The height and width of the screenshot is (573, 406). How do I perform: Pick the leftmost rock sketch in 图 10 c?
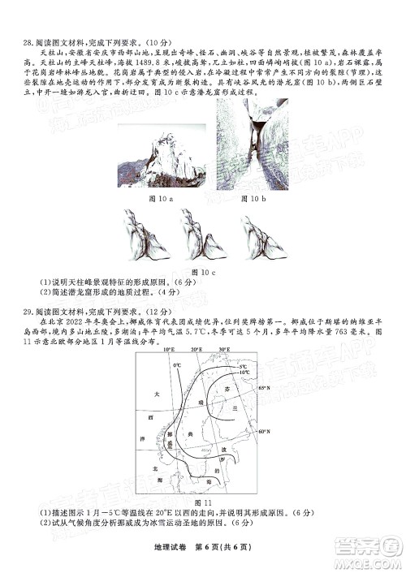[145, 235]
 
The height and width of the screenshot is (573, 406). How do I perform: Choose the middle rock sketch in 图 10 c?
[203, 235]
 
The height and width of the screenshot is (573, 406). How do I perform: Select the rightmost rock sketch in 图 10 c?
[262, 235]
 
